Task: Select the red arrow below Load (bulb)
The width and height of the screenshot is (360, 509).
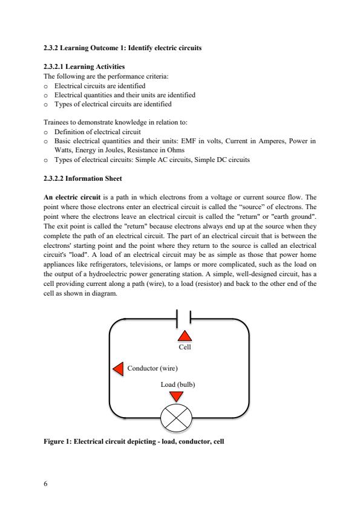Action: tap(176, 397)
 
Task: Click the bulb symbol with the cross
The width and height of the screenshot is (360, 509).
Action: tap(176, 418)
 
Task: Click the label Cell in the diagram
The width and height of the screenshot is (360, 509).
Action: tap(185, 348)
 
